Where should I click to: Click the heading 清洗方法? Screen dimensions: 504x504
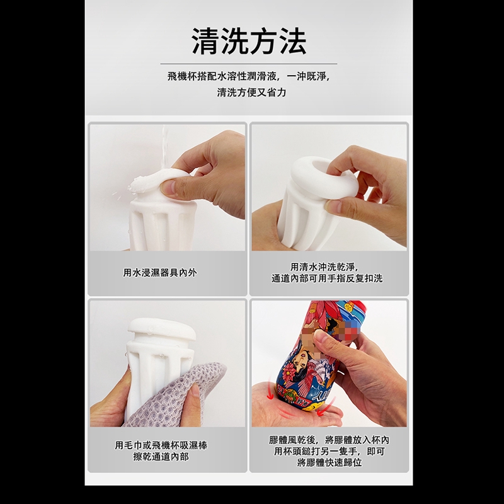pyautogui.click(x=249, y=41)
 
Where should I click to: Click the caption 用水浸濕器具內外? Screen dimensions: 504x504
pyautogui.click(x=160, y=273)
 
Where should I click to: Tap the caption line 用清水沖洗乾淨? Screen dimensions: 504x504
pyautogui.click(x=324, y=266)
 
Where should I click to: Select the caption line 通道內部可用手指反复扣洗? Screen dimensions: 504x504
pyautogui.click(x=327, y=278)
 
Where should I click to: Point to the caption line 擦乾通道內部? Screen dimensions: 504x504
pyautogui.click(x=161, y=456)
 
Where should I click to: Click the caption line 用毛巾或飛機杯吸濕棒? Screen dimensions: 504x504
pyautogui.click(x=161, y=445)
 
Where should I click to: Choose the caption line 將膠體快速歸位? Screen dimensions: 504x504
pyautogui.click(x=329, y=462)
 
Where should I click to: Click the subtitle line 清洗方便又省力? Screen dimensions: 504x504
pyautogui.click(x=251, y=93)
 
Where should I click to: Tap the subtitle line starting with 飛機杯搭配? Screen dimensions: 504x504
pyautogui.click(x=249, y=76)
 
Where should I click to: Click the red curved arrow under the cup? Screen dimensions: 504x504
pyautogui.click(x=283, y=410)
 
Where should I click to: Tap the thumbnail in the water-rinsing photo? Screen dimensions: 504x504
pyautogui.click(x=169, y=188)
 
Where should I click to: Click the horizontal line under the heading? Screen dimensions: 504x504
pyautogui.click(x=249, y=64)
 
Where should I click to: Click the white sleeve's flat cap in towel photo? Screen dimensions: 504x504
pyautogui.click(x=162, y=329)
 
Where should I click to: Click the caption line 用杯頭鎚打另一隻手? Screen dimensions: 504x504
pyautogui.click(x=329, y=451)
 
